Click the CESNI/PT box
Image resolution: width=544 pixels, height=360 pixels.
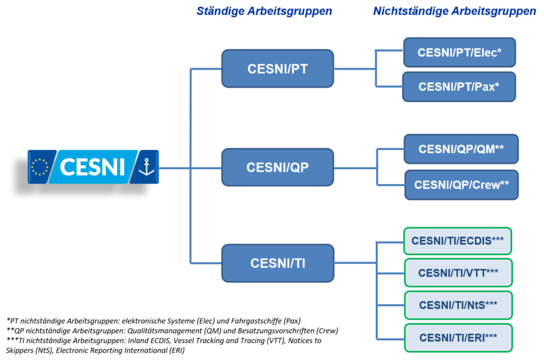point(277,68)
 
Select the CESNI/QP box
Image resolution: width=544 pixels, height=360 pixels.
point(277,167)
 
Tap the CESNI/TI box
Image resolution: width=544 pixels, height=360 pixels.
point(277,263)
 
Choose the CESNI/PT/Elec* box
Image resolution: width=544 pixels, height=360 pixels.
point(459,52)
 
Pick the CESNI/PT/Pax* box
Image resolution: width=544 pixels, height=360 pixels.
point(459,87)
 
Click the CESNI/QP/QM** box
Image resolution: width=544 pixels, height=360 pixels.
point(461,149)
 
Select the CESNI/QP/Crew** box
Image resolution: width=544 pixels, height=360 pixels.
point(461,185)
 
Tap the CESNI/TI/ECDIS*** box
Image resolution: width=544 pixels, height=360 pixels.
point(458,241)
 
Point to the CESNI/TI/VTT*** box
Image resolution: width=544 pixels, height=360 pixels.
point(458,272)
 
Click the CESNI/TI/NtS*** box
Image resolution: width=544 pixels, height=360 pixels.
point(458,305)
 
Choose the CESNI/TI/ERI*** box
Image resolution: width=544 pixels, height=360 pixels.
point(458,338)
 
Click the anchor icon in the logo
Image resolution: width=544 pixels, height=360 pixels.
point(147,167)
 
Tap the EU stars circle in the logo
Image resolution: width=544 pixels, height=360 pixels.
point(40,167)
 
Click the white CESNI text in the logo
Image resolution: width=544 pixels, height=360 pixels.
point(92,167)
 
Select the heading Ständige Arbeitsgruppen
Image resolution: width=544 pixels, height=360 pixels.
point(264,11)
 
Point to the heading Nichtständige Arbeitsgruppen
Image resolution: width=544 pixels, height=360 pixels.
point(455,11)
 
